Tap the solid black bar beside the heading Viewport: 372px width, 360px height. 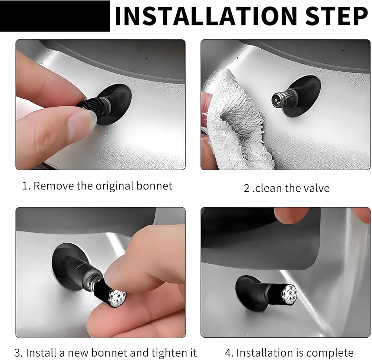tap(55, 16)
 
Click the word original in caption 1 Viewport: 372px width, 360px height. tap(114, 187)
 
